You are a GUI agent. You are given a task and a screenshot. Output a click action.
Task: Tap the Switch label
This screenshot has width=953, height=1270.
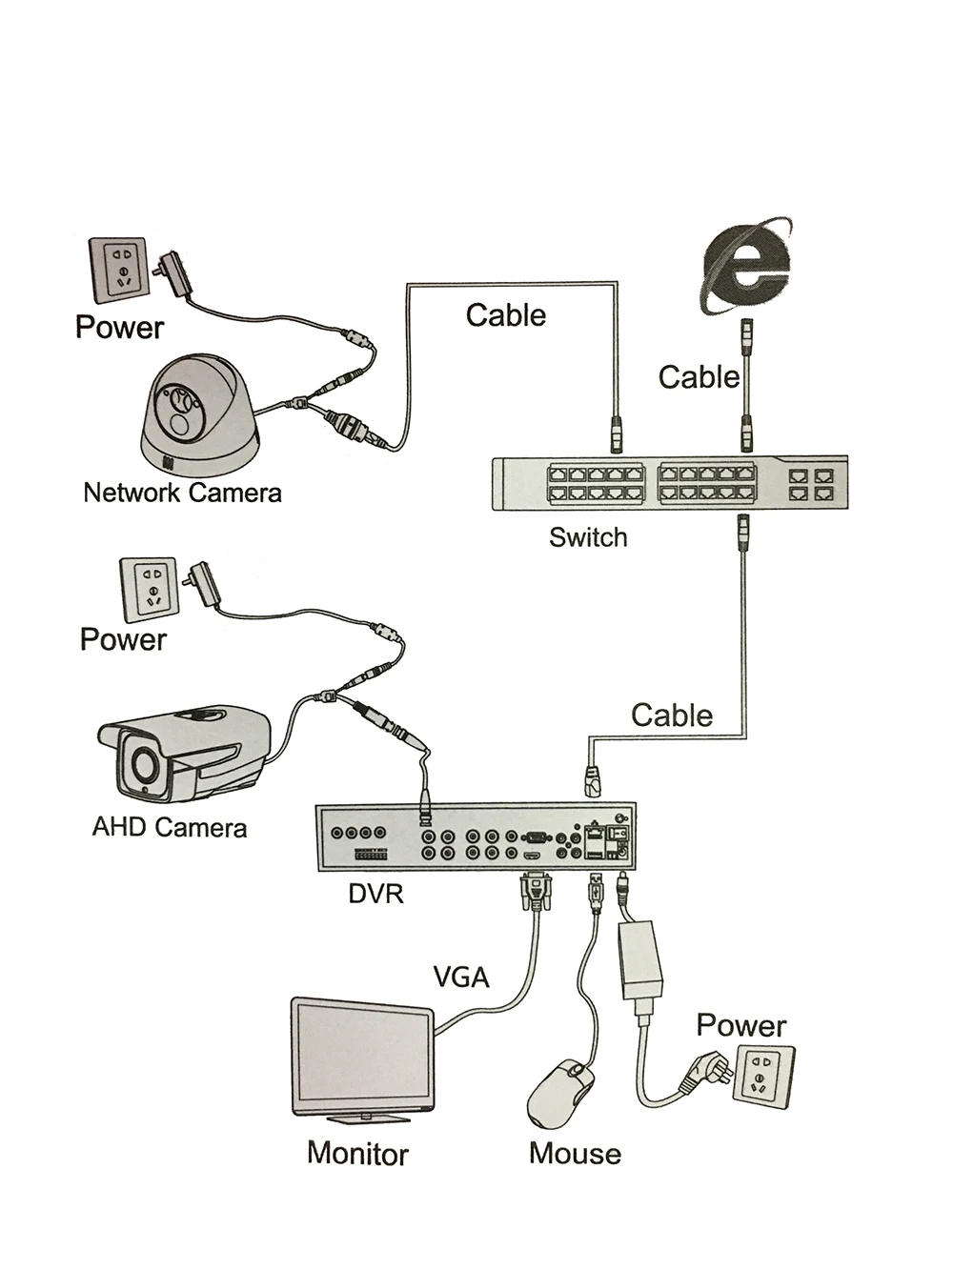[588, 537]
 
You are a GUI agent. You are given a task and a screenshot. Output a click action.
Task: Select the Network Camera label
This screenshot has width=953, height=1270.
[182, 493]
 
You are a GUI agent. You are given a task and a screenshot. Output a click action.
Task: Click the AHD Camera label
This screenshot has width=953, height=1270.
[169, 827]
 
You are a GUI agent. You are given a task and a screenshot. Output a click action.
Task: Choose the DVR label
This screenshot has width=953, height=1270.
[375, 894]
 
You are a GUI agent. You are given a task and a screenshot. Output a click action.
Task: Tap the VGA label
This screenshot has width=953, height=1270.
[461, 977]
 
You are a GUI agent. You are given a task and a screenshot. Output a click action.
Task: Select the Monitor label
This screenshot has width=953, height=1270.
[357, 1154]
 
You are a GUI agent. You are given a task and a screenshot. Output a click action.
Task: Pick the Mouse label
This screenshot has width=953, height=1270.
[575, 1154]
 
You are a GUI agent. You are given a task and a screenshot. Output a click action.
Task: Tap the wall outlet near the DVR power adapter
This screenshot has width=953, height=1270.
[764, 1076]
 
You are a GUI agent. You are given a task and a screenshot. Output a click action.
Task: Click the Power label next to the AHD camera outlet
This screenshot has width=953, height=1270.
[123, 639]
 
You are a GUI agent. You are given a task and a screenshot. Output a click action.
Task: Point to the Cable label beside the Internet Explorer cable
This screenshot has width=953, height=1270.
[699, 377]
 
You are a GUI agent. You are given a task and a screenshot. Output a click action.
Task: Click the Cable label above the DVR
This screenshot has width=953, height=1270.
[672, 716]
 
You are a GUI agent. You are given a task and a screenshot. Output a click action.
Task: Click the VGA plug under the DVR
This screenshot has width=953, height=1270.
[537, 893]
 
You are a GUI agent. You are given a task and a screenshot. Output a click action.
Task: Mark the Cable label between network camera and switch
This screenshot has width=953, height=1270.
[506, 315]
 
